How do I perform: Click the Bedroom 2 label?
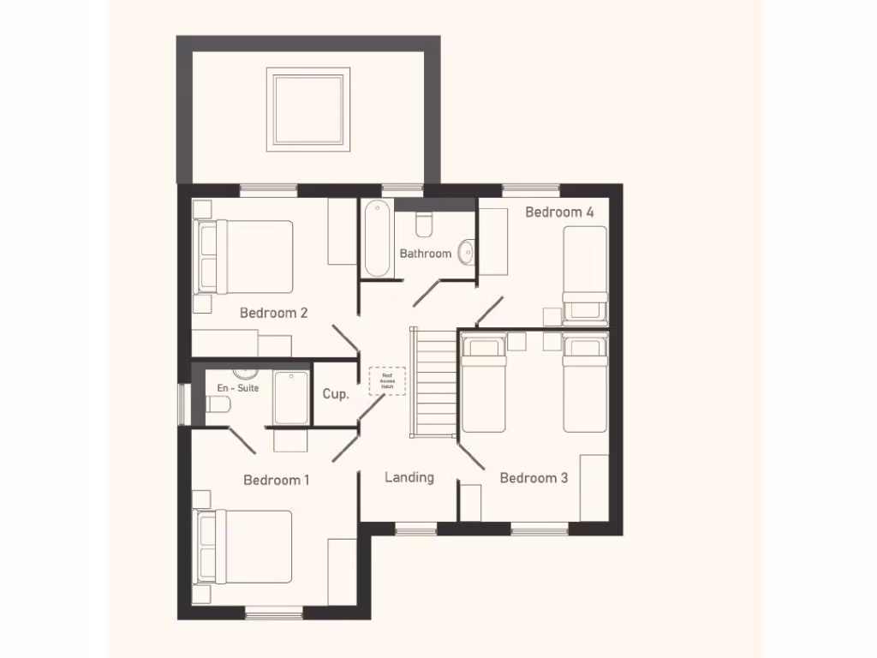273,313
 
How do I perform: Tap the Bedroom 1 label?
276,480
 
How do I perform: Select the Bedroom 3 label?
534,478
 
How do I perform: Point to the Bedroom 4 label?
559,212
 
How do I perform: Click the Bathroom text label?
425,254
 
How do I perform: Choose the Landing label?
409,477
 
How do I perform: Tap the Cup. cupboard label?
335,395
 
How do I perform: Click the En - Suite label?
237,388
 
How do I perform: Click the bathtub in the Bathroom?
376,239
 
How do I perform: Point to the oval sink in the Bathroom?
466,252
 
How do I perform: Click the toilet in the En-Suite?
217,407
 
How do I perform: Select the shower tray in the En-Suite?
291,398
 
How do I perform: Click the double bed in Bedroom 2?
245,257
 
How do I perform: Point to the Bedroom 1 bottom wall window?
274,613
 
